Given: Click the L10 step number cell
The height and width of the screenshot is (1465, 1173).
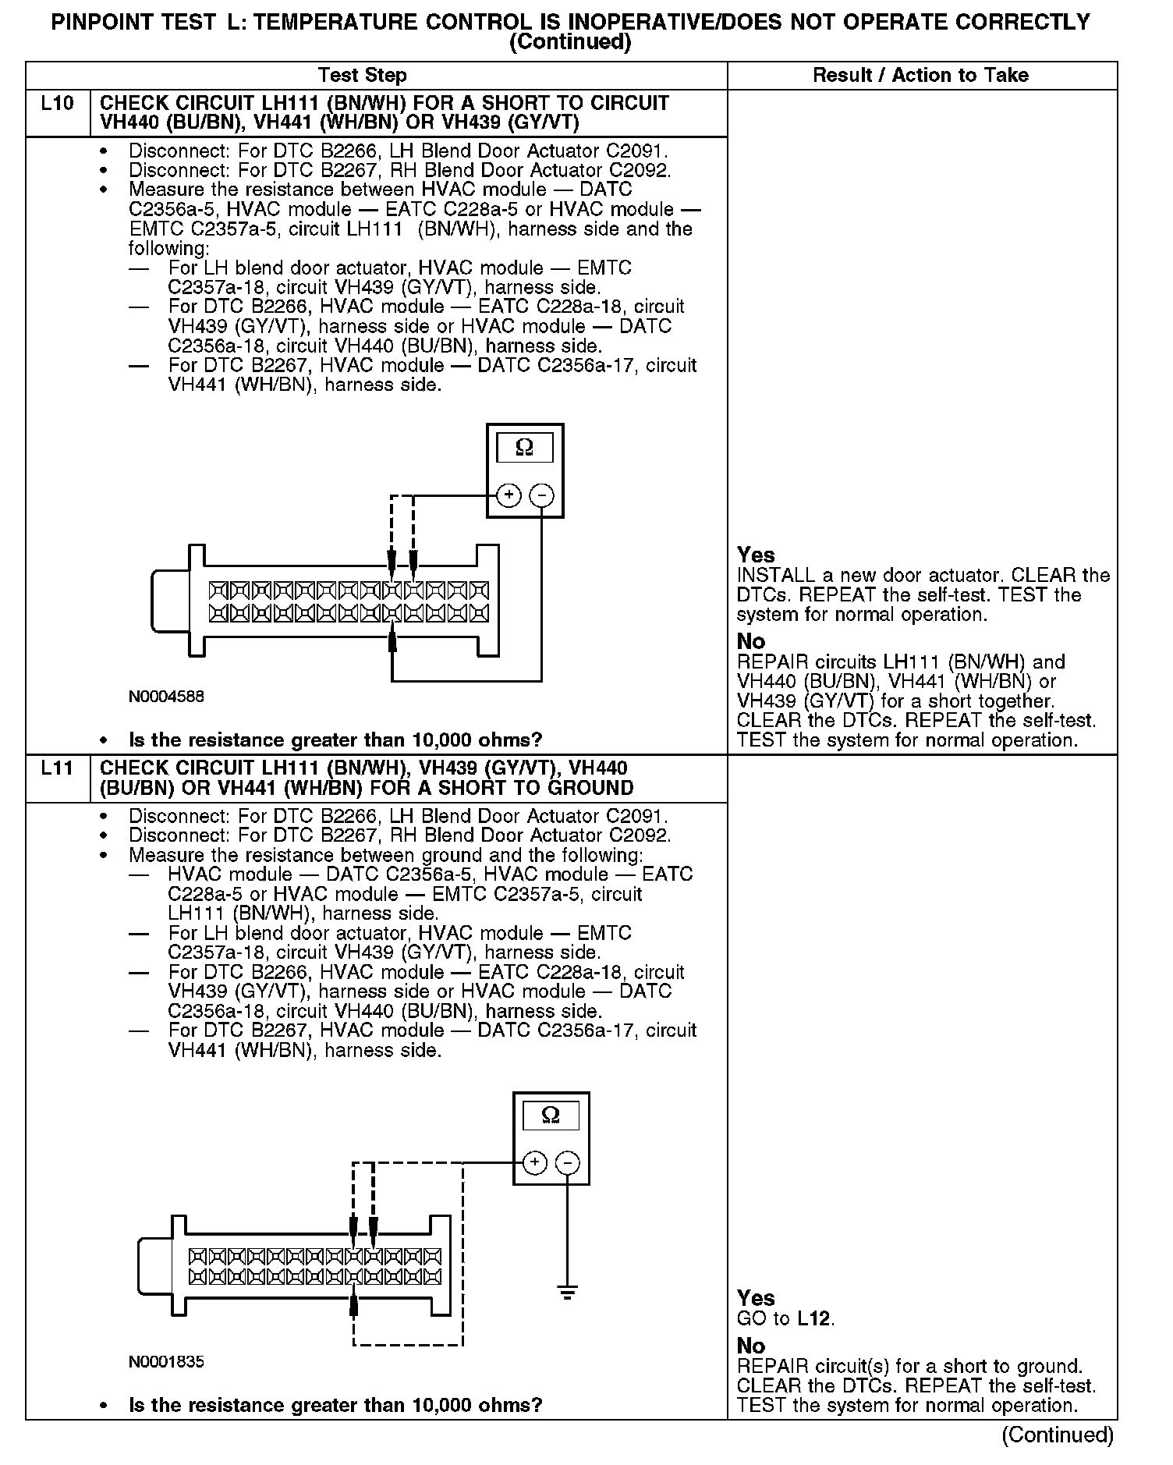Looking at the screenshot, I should [x=58, y=104].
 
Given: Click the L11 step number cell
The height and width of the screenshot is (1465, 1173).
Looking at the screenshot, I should [x=58, y=768].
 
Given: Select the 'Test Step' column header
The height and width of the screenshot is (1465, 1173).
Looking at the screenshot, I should [x=362, y=76].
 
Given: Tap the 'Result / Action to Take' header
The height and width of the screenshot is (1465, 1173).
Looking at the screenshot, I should [x=920, y=76].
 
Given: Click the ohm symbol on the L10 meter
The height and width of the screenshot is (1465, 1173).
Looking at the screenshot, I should [x=525, y=448].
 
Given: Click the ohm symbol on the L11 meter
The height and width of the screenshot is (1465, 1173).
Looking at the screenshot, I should [x=551, y=1116].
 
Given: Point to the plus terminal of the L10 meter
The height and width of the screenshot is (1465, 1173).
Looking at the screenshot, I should [x=509, y=495].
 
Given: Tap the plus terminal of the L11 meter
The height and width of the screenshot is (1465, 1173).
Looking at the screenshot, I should [x=534, y=1163].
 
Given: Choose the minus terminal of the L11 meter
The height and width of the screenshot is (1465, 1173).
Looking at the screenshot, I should [x=567, y=1163].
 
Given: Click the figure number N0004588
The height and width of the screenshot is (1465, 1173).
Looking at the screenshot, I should [x=166, y=697].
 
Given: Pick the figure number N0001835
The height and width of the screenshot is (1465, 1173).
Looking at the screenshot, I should [x=166, y=1362].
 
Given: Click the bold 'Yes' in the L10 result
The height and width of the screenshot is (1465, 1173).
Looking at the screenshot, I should [x=756, y=555].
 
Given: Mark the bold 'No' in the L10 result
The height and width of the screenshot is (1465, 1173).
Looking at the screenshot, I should [x=751, y=641].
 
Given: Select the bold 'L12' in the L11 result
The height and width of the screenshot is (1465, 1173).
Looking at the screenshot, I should [x=815, y=1319].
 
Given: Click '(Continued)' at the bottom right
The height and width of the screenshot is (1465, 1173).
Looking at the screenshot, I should [x=1057, y=1435].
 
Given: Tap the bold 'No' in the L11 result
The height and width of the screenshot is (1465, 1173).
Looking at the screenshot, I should [x=751, y=1346].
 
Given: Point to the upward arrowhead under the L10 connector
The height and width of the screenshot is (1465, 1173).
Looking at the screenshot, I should [x=392, y=639].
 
